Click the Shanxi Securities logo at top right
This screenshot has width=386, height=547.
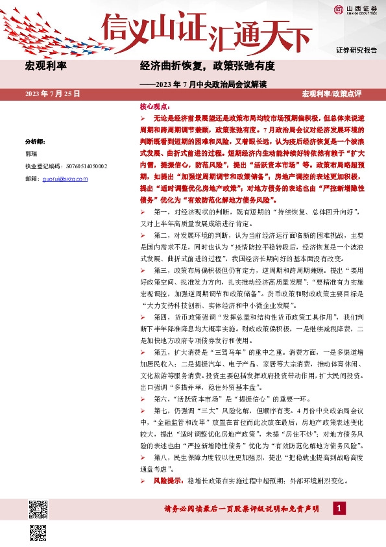pos(354,8)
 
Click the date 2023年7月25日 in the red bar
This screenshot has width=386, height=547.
pos(52,94)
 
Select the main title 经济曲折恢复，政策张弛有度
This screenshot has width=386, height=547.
pos(208,66)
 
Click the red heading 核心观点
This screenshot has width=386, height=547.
pos(153,106)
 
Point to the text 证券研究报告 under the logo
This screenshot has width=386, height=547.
pos(356,50)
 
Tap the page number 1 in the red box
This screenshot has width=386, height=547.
pos(337,509)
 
